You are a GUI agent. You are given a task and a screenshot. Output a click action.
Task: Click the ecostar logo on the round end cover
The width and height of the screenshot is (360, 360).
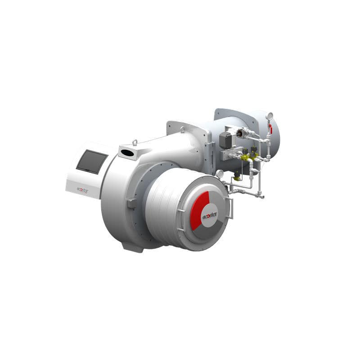coord(209,215)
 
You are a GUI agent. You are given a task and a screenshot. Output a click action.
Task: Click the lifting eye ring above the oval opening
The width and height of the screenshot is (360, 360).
coord(135,143)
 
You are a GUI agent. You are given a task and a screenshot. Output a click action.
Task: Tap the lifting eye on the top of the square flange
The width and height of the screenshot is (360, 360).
coord(183,130)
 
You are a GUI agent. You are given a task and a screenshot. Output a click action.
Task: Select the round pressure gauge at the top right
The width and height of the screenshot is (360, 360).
coord(269,116)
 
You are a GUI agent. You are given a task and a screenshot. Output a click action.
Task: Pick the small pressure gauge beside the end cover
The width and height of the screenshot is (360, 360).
coord(220,174)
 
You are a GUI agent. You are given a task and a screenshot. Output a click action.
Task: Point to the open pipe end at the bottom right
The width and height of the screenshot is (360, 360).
coord(262,197)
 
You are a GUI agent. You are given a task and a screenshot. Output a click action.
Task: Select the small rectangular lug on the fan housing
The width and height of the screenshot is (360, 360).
coord(131,203)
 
